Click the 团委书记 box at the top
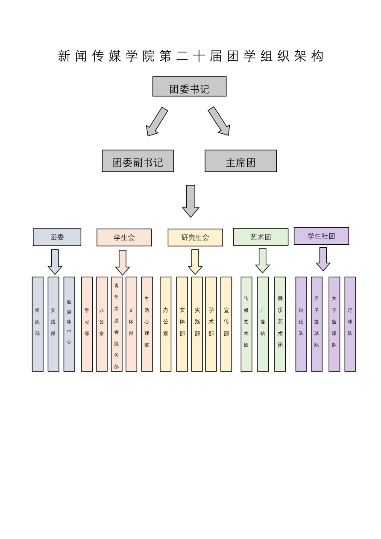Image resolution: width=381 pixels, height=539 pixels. [x=189, y=87]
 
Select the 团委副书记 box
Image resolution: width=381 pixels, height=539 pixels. [x=138, y=161]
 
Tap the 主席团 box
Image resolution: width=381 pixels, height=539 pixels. [x=240, y=161]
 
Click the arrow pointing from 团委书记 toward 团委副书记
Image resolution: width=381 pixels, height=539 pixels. [x=156, y=122]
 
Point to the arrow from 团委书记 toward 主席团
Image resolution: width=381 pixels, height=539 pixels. [x=220, y=122]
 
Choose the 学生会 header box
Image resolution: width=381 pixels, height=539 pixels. [x=124, y=237]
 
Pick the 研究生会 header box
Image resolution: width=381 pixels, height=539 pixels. [x=195, y=238]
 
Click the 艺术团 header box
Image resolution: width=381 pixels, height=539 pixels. [x=261, y=237]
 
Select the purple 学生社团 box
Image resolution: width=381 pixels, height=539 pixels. [x=321, y=236]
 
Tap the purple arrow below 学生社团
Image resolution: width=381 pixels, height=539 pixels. [x=323, y=259]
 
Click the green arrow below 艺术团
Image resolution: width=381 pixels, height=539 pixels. [x=263, y=261]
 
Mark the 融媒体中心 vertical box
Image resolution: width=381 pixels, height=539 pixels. [x=69, y=324]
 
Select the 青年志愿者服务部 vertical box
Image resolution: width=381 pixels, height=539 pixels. [x=117, y=324]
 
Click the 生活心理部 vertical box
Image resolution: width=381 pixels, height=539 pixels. [x=147, y=324]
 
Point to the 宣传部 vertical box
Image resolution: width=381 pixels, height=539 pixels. [x=226, y=324]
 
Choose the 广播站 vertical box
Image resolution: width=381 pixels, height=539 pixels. [x=263, y=324]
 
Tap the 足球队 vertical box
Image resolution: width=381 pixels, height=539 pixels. [x=350, y=324]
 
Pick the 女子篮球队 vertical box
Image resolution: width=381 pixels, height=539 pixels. [x=334, y=324]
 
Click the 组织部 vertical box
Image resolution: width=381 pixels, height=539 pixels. [x=38, y=324]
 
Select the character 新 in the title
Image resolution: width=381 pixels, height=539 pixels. [x=64, y=56]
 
